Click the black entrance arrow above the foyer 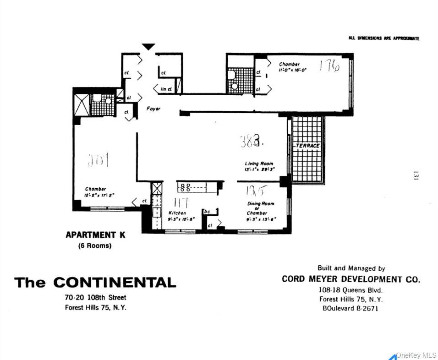(x=148, y=47)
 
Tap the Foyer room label (x=153, y=109)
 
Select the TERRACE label (x=308, y=146)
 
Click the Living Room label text (x=259, y=164)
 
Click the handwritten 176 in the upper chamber (x=329, y=67)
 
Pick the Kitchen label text (x=176, y=213)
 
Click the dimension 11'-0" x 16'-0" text (x=292, y=70)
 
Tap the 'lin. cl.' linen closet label (x=166, y=89)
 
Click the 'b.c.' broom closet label (x=207, y=212)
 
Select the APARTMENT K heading (x=95, y=235)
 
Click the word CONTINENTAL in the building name (x=115, y=283)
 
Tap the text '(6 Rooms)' (x=94, y=245)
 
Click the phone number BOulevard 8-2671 (x=350, y=308)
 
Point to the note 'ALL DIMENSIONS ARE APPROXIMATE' (x=383, y=38)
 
